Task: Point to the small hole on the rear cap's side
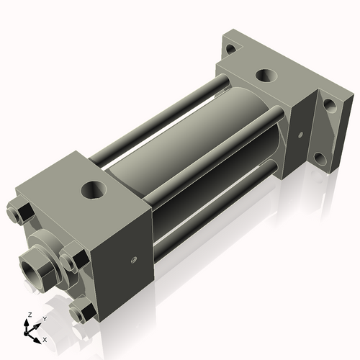click(x=299, y=134)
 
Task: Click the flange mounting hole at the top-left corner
click(x=230, y=50)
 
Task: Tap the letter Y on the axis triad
click(x=44, y=318)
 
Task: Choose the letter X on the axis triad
click(x=45, y=338)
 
